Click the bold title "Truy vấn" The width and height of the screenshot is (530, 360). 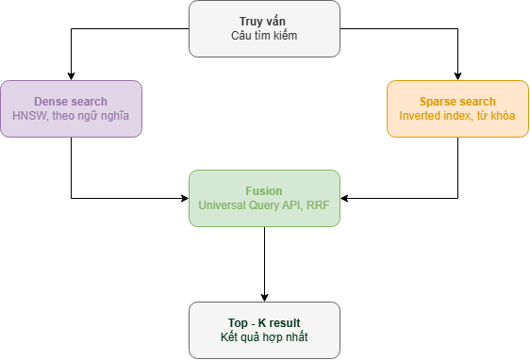click(262, 22)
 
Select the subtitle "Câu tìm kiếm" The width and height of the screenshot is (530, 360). click(264, 36)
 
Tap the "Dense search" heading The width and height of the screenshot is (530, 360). click(71, 102)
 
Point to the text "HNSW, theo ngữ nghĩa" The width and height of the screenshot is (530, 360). click(71, 116)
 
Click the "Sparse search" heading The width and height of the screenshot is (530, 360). click(457, 102)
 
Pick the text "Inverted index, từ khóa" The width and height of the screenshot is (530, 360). click(457, 116)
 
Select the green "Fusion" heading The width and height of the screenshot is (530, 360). click(264, 190)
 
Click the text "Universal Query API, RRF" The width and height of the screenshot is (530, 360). click(264, 205)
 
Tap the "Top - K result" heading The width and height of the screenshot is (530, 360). click(264, 323)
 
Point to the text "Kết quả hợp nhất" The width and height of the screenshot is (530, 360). click(264, 337)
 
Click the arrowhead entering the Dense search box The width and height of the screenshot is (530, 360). click(71, 76)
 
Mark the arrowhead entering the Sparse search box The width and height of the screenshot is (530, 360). click(458, 76)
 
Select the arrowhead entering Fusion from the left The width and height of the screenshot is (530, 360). click(185, 198)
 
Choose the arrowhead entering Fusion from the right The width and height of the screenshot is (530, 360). click(344, 198)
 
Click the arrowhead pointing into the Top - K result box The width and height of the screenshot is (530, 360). click(264, 298)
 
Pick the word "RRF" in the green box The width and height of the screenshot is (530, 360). click(318, 205)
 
